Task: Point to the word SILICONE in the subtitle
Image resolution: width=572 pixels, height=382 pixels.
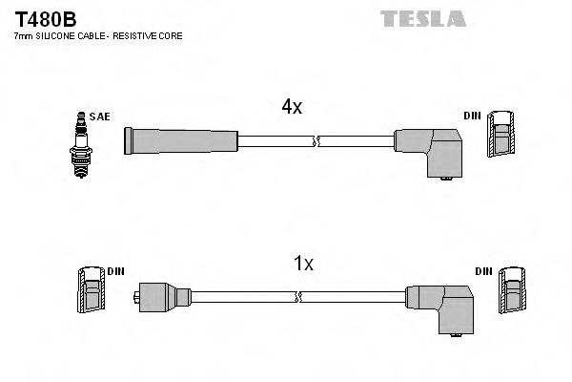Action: [58, 35]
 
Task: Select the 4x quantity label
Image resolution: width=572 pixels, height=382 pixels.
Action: [291, 108]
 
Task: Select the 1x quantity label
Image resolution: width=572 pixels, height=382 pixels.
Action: [302, 265]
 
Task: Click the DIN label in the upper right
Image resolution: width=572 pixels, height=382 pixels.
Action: [472, 117]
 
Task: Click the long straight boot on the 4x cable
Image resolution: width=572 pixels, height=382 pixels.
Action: [180, 141]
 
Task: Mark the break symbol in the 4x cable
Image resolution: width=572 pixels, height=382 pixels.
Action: [316, 141]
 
